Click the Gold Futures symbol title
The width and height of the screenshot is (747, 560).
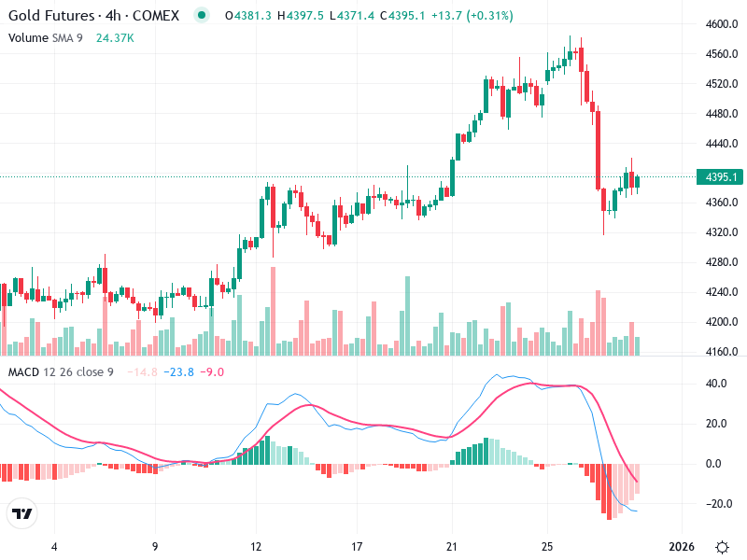tap(93, 16)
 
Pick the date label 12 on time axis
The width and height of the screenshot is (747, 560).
tap(255, 546)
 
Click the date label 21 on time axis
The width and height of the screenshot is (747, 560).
tap(452, 546)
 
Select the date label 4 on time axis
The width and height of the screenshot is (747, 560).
tap(54, 546)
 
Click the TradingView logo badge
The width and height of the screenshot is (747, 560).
tap(22, 514)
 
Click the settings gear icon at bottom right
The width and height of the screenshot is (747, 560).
tap(722, 547)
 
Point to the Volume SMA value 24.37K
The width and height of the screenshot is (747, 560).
tap(116, 37)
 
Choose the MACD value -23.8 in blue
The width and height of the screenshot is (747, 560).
tap(178, 372)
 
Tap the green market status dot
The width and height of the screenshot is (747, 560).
tap(203, 16)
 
